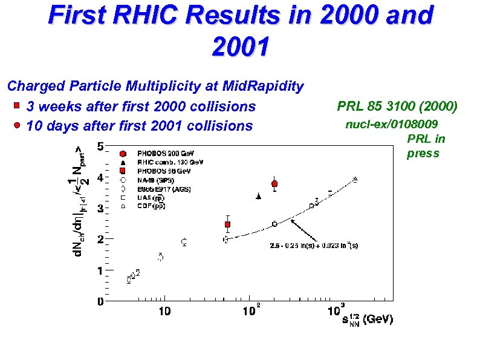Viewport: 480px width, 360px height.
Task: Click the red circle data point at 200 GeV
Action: tap(274, 183)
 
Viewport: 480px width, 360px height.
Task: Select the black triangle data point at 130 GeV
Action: tap(259, 196)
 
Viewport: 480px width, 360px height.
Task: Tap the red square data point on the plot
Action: tap(227, 224)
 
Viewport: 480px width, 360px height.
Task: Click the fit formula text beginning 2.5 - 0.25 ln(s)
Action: tap(314, 246)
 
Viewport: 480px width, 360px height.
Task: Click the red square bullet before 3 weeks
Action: tap(17, 106)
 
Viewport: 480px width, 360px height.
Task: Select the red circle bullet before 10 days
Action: tap(17, 125)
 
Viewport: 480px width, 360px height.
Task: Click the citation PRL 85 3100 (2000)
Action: tap(397, 107)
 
